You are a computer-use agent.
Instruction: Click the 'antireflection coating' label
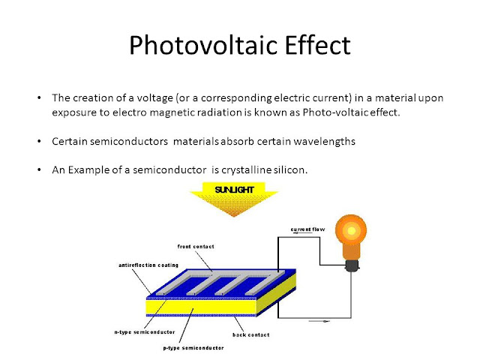[148, 265]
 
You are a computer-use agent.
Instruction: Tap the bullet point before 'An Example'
[40, 169]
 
